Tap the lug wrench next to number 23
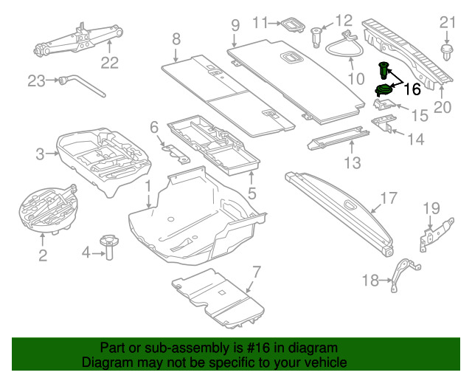[x=83, y=86]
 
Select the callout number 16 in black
[x=412, y=89]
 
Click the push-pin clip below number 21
[x=447, y=52]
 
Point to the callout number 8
[x=176, y=39]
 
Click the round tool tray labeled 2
[x=48, y=210]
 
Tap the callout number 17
[x=389, y=198]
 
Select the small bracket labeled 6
[x=176, y=154]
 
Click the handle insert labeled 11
[x=293, y=24]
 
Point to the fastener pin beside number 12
[x=316, y=37]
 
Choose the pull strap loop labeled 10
[x=344, y=46]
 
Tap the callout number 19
[x=431, y=208]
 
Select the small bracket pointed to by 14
[x=383, y=123]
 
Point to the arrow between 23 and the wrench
[x=52, y=80]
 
